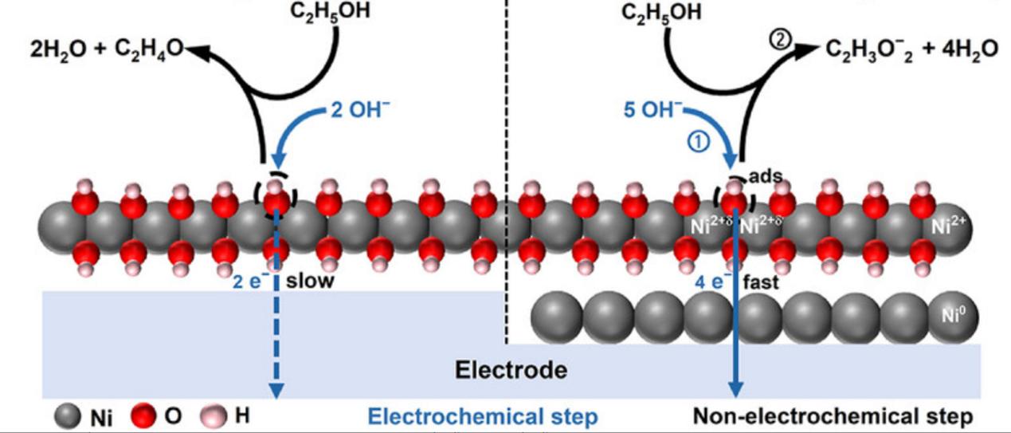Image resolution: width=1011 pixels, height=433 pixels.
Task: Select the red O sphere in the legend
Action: [141, 416]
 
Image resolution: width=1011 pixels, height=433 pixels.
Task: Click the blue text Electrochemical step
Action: [484, 416]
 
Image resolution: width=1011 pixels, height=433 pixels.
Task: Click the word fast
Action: [760, 281]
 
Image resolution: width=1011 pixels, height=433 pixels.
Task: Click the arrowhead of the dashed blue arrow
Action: [276, 390]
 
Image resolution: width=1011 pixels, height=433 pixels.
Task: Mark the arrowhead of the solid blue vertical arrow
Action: [735, 390]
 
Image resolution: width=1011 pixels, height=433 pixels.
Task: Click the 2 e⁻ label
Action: [252, 281]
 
